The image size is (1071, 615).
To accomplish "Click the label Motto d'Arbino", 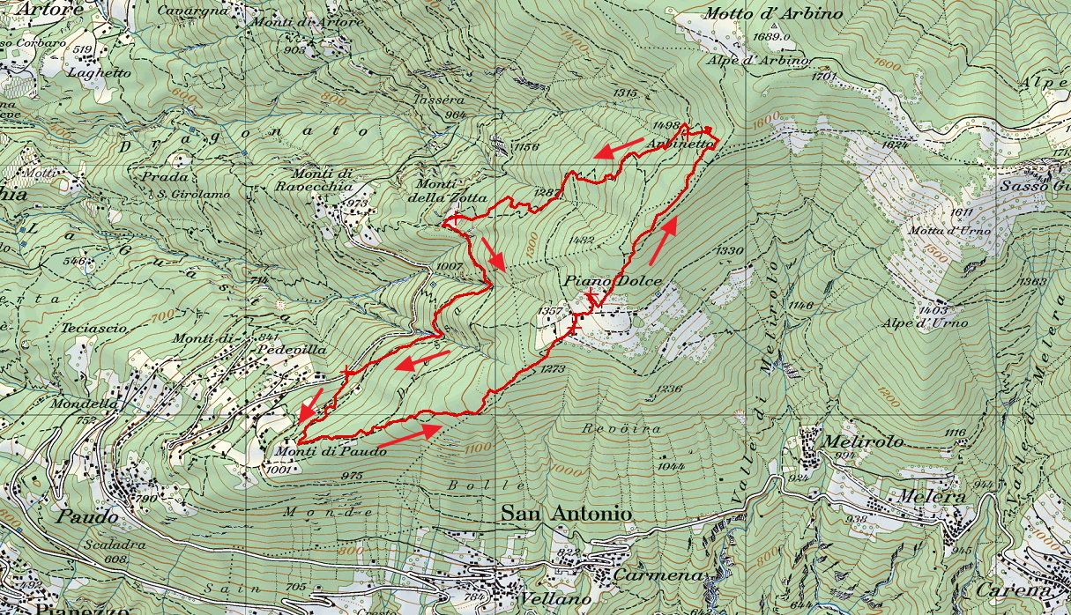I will click(773, 14).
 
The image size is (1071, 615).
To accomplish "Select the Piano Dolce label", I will click(613, 282).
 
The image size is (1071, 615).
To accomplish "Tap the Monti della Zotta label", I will click(450, 190).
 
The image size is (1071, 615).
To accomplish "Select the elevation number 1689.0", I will click(772, 37).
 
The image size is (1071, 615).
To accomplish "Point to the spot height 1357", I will click(549, 312).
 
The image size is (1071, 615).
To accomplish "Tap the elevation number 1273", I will click(553, 368).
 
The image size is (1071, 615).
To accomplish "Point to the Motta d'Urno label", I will click(957, 231).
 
